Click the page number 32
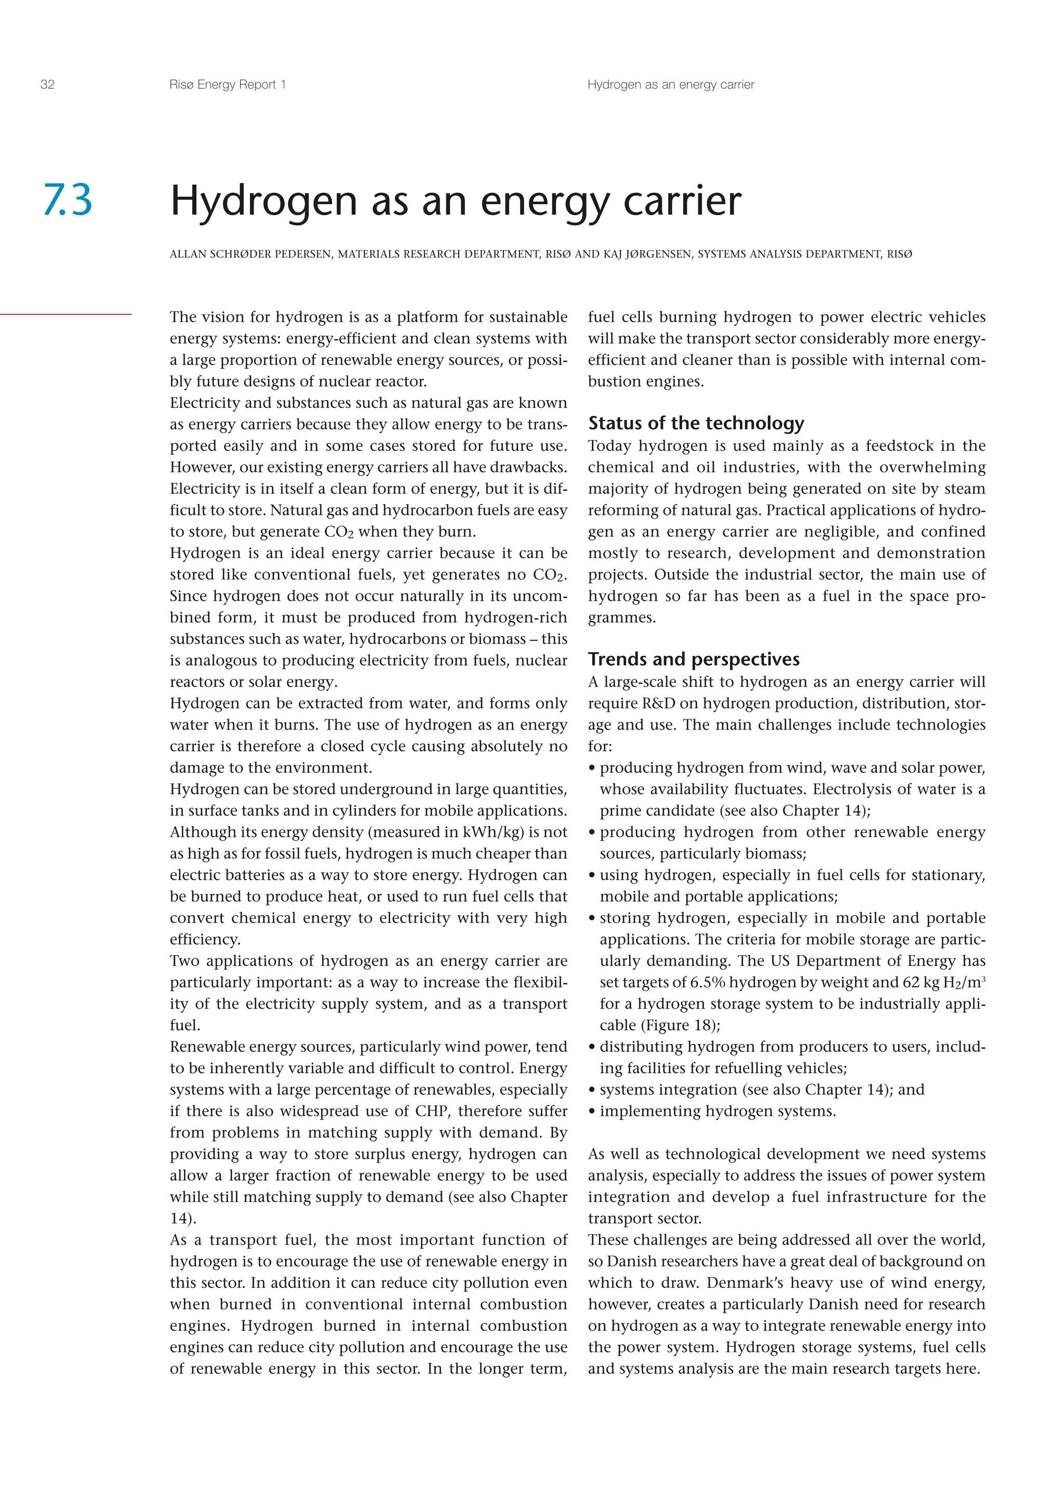point(47,85)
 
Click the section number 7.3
point(68,200)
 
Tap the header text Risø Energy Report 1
point(228,85)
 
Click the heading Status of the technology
point(696,423)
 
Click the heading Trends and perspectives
point(694,659)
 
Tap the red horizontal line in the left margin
point(65,315)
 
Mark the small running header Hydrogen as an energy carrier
point(671,85)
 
